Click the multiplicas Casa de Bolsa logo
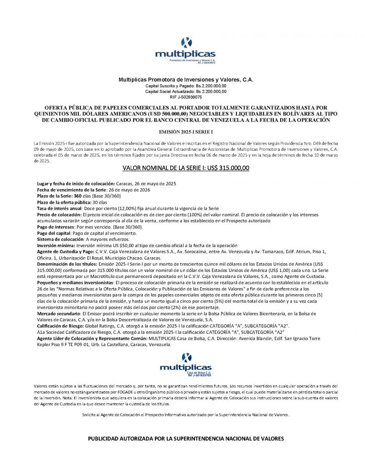185,364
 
